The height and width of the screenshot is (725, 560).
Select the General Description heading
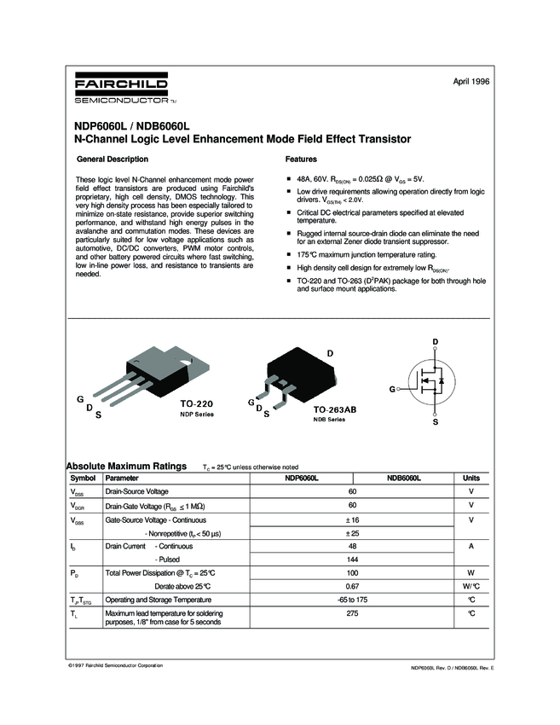click(113, 159)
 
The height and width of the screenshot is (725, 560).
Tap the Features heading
click(301, 159)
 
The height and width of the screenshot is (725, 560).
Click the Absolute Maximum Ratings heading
click(126, 467)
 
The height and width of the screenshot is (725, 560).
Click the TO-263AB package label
click(329, 409)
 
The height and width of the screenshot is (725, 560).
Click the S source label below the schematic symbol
click(436, 421)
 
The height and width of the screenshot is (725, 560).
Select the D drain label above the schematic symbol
click(436, 343)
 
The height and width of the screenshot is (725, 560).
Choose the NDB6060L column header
click(404, 478)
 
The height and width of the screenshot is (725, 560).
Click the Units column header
click(471, 478)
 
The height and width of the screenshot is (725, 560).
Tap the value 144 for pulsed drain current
click(352, 559)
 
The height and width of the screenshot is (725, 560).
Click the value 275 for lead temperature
click(352, 613)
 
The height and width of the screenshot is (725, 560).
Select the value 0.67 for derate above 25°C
click(352, 587)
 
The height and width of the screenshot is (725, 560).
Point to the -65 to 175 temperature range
click(352, 600)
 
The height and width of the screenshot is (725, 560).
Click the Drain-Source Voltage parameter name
click(136, 491)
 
